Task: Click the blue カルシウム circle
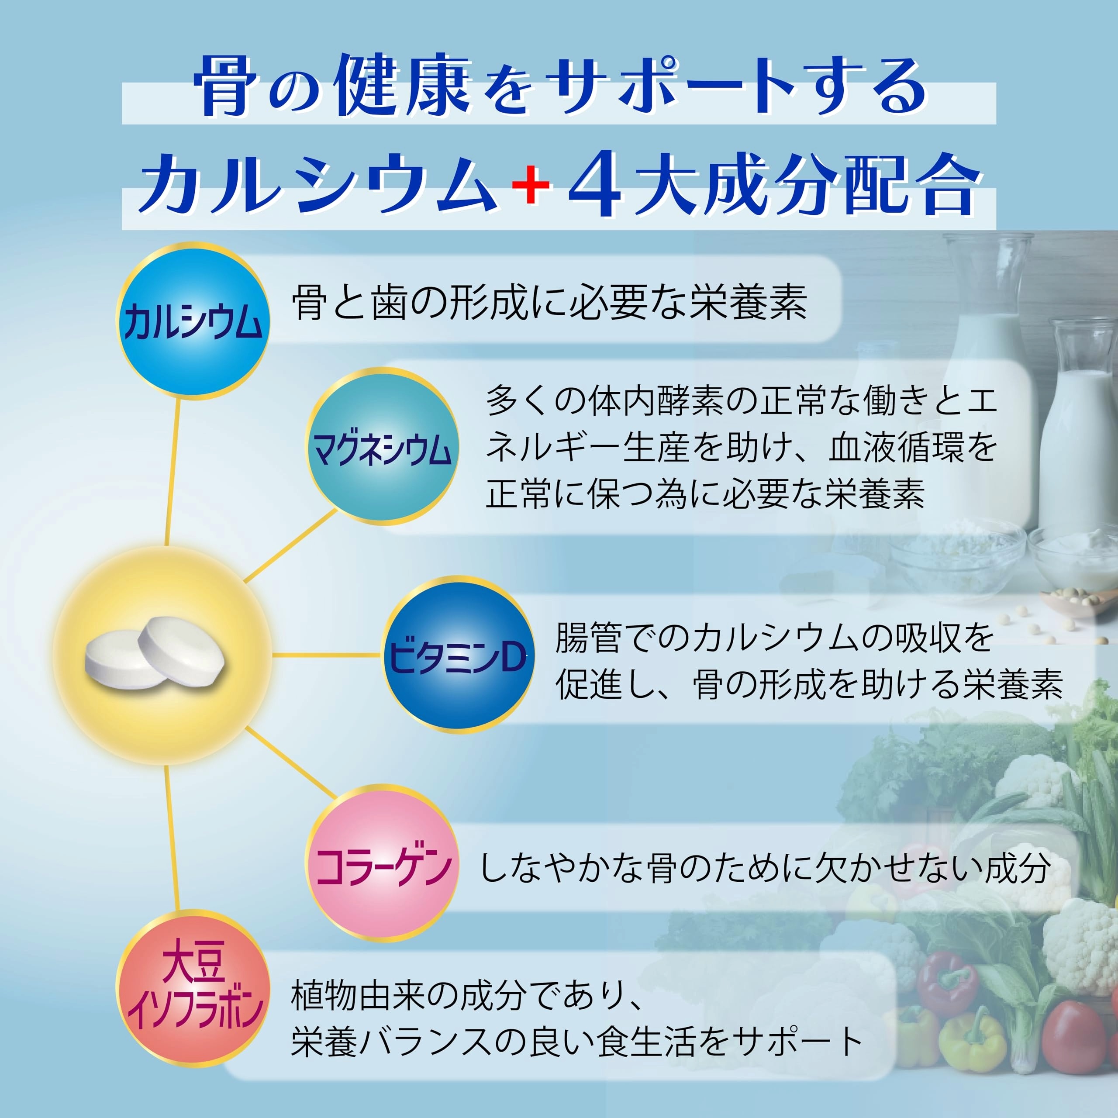click(193, 321)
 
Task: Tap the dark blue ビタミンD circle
click(458, 655)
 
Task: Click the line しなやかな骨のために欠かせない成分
click(765, 868)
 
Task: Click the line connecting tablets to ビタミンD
click(327, 655)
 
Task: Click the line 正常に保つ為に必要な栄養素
click(705, 494)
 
